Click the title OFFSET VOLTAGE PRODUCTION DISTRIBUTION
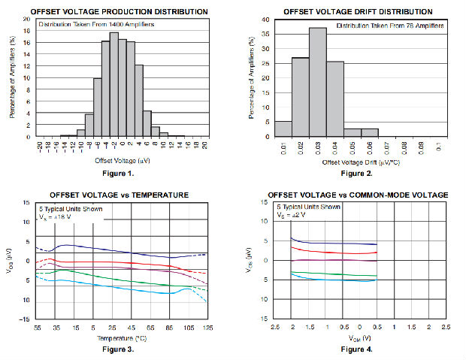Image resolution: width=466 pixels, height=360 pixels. tap(107, 11)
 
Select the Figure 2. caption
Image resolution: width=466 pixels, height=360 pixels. tap(356, 174)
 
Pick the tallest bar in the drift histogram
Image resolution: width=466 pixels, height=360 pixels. tap(317, 83)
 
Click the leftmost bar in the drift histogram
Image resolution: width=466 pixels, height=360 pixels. tap(283, 129)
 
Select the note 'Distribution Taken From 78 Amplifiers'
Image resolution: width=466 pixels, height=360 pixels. tap(390, 26)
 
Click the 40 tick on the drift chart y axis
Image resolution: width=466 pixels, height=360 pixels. tap(265, 20)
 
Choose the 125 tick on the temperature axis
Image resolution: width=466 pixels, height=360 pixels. tap(208, 329)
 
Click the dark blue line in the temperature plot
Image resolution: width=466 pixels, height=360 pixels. tap(113, 250)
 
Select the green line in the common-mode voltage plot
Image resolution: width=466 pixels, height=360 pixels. tap(331, 274)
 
